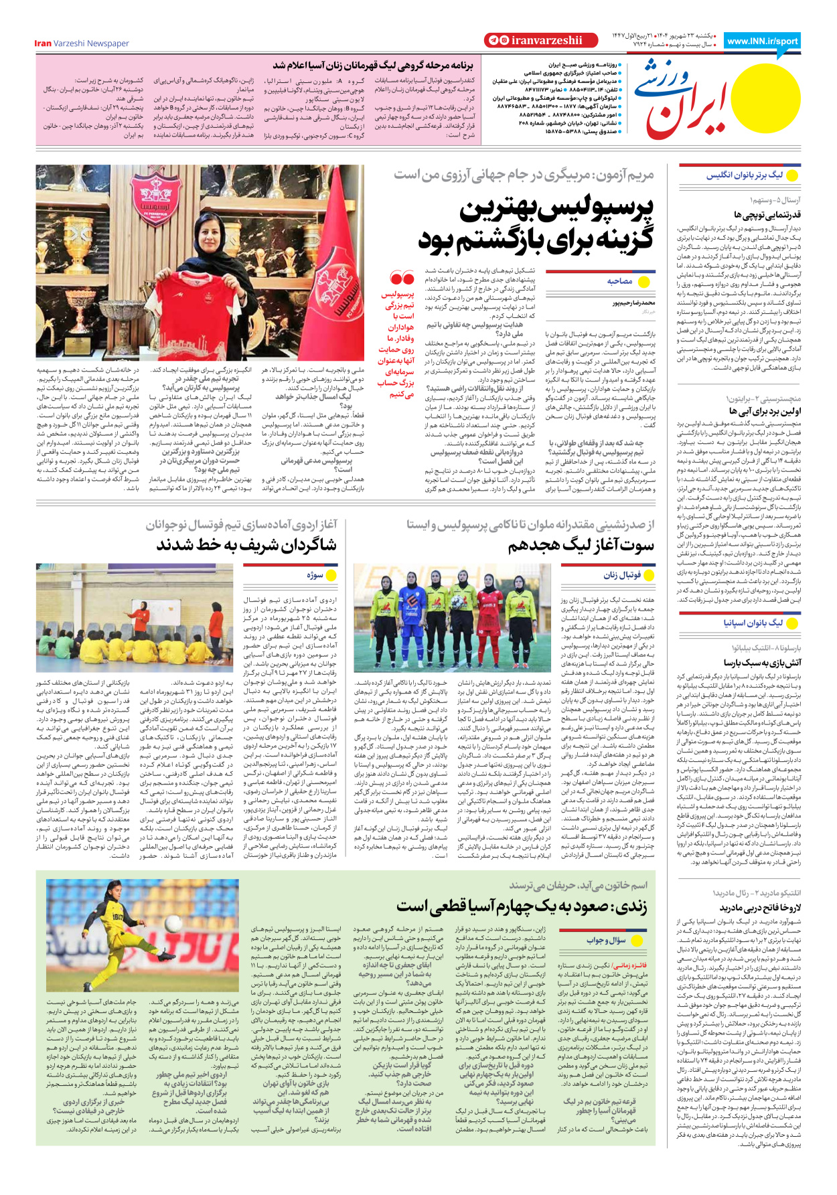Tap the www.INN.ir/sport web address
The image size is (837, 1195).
(762, 41)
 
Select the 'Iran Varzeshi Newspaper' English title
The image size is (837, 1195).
(82, 44)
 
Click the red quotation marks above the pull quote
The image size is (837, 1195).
(402, 278)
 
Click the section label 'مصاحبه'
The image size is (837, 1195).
(619, 281)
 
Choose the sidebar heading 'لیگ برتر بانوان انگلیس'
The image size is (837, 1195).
(744, 175)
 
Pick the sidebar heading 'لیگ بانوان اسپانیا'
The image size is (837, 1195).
(752, 623)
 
